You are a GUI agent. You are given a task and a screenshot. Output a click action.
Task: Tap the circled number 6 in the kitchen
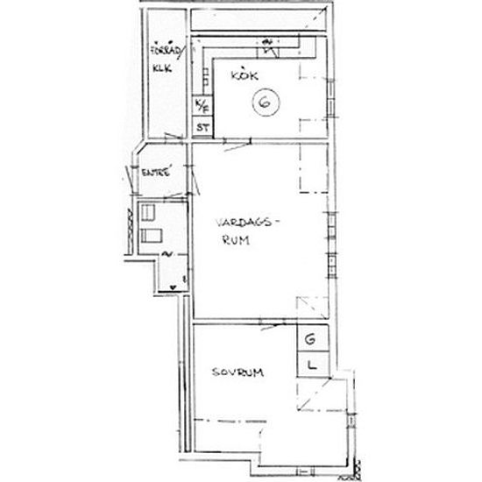click(265, 103)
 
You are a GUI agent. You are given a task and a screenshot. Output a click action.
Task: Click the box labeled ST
click(202, 128)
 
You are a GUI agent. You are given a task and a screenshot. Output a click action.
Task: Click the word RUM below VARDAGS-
click(232, 246)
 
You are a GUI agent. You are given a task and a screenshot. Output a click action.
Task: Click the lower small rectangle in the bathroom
click(151, 234)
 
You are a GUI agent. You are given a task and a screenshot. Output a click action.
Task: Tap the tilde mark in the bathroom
click(168, 254)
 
